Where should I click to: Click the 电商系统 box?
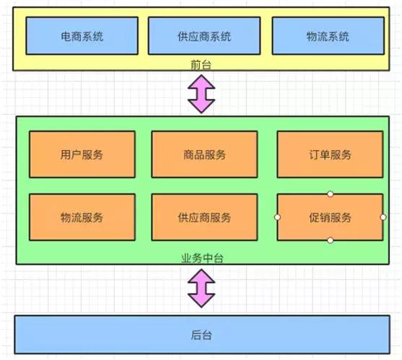click(82, 35)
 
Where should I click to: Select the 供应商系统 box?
click(203, 35)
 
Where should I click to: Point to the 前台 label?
click(201, 65)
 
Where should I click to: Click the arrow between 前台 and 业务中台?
click(201, 92)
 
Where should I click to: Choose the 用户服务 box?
click(82, 154)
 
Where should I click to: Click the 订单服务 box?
click(330, 154)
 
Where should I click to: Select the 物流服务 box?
click(82, 217)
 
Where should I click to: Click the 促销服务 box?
click(330, 217)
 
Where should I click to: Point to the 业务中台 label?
click(201, 258)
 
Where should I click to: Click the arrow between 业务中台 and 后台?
click(201, 289)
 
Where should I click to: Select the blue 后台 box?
click(201, 335)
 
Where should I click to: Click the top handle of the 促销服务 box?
click(330, 193)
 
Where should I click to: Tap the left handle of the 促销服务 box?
click(277, 217)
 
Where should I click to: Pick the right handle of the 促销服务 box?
click(383, 217)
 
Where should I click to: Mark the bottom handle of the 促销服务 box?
click(330, 240)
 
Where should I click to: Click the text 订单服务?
click(330, 154)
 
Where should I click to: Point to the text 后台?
click(201, 335)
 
